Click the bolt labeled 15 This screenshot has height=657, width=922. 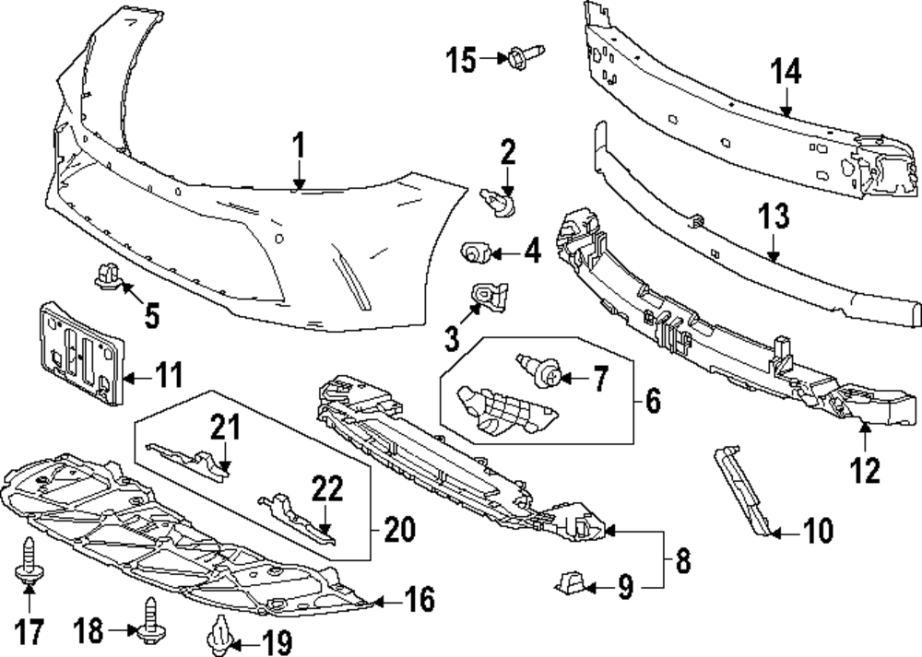522,56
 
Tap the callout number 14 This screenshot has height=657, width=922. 786,72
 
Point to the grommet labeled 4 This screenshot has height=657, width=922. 475,250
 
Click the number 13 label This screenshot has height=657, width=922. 774,217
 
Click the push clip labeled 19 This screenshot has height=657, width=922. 220,634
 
